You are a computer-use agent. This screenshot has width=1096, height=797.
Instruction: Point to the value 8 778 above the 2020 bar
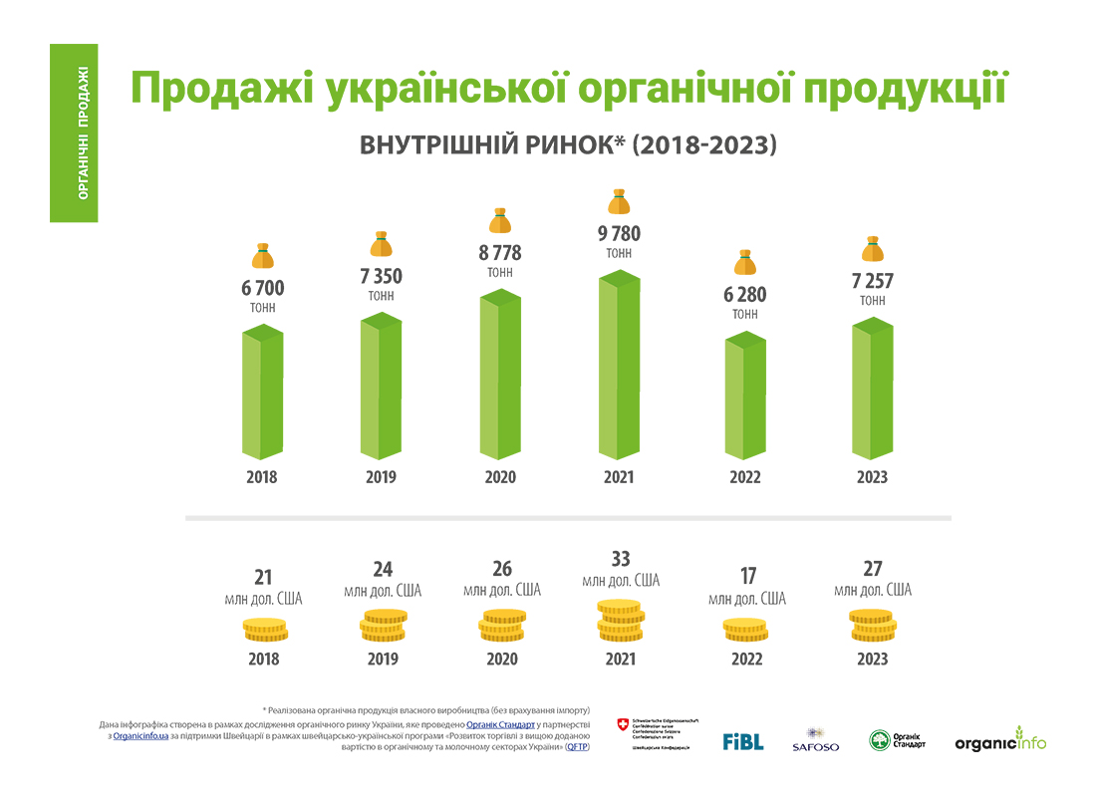tap(499, 254)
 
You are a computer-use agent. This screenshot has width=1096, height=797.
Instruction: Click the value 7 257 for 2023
tap(872, 282)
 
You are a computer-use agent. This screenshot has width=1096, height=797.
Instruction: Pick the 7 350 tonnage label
tap(381, 277)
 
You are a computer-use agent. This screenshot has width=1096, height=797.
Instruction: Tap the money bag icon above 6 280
tap(745, 263)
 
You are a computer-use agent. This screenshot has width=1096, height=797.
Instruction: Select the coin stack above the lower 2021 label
tap(619, 622)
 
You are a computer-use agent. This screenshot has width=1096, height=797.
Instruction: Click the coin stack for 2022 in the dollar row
tap(745, 630)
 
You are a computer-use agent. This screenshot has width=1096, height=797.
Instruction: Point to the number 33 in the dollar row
tap(619, 559)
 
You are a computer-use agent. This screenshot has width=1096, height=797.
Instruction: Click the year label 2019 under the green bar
tap(381, 477)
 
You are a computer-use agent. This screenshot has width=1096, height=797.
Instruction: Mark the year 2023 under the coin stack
tap(872, 659)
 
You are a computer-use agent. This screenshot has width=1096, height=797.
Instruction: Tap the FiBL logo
tap(742, 741)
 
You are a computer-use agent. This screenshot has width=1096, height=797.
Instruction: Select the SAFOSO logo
tap(815, 739)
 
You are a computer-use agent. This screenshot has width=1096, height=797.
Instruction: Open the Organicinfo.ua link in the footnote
tap(139, 735)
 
